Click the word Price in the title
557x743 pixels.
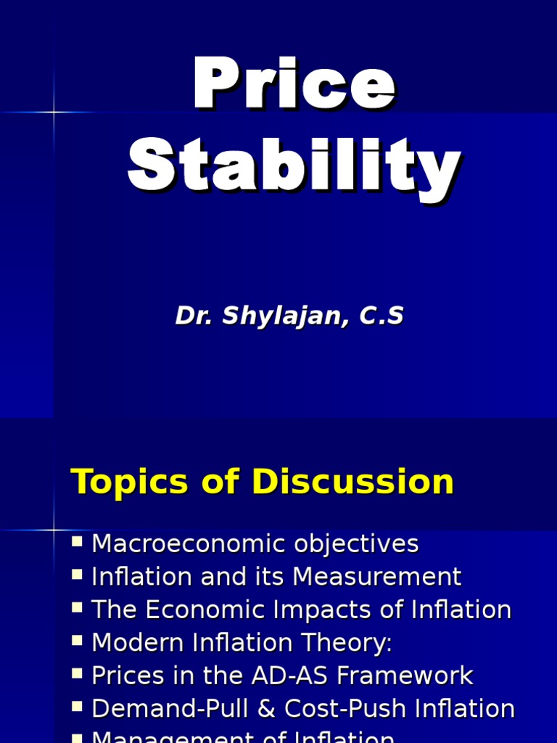pos(294,89)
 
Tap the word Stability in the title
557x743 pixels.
pos(294,169)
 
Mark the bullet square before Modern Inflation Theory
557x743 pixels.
pos(78,640)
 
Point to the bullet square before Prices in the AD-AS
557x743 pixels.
pos(78,673)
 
